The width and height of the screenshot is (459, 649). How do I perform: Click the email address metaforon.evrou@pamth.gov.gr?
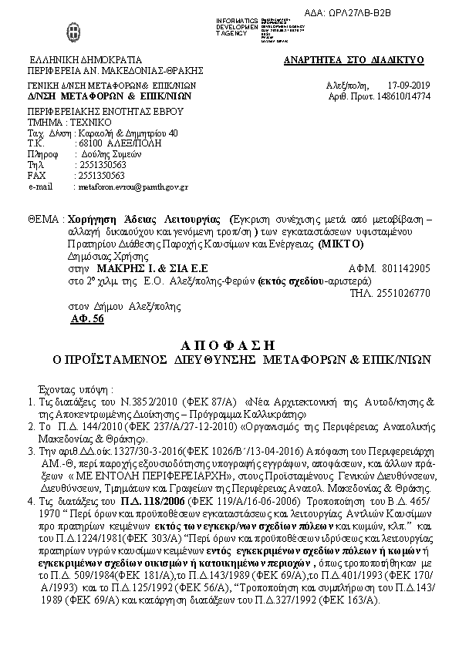tap(131, 186)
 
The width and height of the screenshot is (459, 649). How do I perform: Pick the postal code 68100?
tap(87, 143)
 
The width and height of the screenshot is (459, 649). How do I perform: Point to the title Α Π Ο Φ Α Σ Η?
tap(230, 345)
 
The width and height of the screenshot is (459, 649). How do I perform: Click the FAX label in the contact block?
tap(36, 175)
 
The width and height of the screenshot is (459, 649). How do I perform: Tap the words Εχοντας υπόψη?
tap(76, 389)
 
